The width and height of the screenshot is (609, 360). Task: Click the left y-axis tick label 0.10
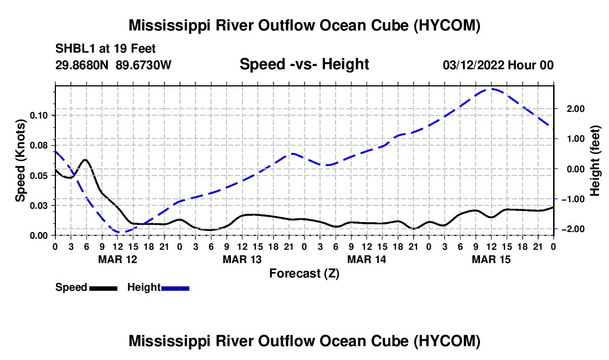(38, 115)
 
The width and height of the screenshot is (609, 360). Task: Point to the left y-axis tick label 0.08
(38, 146)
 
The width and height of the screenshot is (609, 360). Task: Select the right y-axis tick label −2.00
(573, 229)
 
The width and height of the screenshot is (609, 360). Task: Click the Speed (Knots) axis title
(20, 161)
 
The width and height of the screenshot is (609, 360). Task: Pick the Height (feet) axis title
(595, 161)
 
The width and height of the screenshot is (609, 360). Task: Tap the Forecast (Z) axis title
(304, 274)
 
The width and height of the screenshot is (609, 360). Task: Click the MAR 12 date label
(118, 259)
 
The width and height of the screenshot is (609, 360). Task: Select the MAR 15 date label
(491, 259)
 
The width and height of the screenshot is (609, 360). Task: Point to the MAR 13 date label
(242, 259)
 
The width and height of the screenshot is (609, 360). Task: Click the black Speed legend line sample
(104, 288)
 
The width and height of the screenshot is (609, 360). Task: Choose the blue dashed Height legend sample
(175, 288)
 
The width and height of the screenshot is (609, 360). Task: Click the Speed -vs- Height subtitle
(304, 64)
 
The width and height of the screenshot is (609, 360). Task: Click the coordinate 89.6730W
(143, 65)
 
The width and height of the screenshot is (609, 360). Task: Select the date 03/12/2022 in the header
(473, 65)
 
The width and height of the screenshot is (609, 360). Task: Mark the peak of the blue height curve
(491, 89)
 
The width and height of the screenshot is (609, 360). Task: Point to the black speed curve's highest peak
(85, 160)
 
